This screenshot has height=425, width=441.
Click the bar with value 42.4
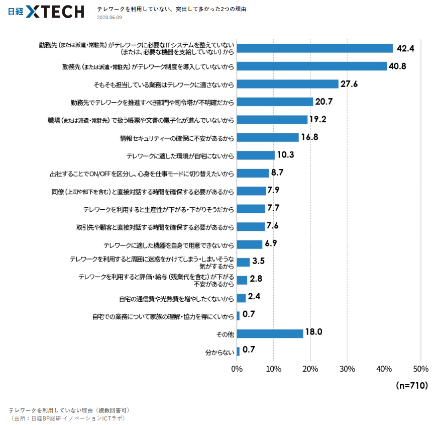[x=314, y=48]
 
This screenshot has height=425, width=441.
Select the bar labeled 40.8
[x=311, y=66]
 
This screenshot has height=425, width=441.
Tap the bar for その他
[x=270, y=333]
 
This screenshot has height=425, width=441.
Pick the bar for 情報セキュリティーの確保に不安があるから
[x=268, y=137]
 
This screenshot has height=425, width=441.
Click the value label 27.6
[x=349, y=84]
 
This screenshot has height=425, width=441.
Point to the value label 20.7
[x=324, y=102]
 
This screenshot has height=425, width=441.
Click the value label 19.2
[x=318, y=120]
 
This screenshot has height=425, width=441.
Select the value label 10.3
[x=285, y=155]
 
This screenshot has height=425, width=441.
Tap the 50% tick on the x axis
[x=421, y=369]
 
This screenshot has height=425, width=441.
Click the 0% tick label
[x=237, y=369]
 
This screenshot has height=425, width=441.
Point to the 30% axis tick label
[x=347, y=369]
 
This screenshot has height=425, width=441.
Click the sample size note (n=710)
[x=412, y=386]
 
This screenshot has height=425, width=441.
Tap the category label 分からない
[x=220, y=352]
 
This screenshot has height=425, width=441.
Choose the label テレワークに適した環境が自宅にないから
[x=180, y=155]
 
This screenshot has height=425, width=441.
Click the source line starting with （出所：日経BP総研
[x=67, y=418]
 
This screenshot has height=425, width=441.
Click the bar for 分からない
[x=238, y=351]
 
